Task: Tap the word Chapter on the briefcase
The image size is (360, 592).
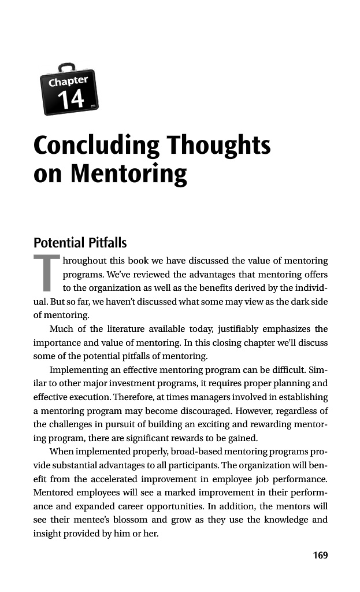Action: (68, 82)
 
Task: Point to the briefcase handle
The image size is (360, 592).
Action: (66, 66)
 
